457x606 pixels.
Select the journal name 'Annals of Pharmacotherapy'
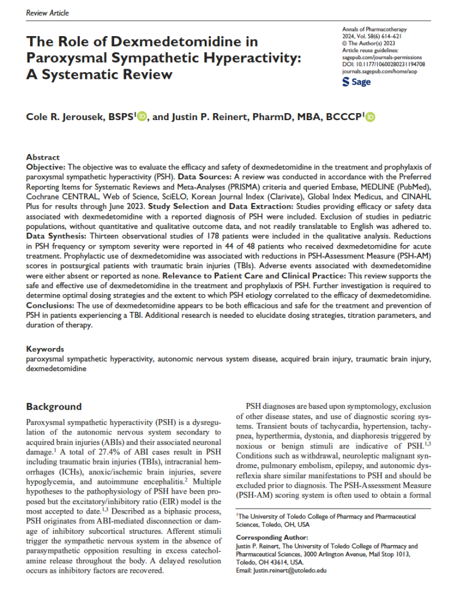tap(378, 29)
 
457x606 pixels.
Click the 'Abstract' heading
tap(43, 157)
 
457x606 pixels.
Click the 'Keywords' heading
tap(45, 349)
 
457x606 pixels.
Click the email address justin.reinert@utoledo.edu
tap(278, 570)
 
